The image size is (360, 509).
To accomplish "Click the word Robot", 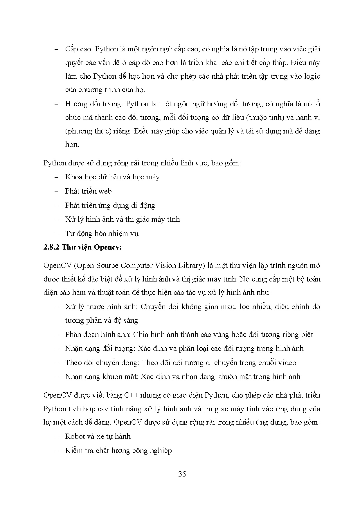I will (x=75, y=436).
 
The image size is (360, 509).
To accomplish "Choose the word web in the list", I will (x=105, y=191).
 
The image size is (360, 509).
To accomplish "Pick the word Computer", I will (x=136, y=266).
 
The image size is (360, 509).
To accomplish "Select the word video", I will (x=287, y=363).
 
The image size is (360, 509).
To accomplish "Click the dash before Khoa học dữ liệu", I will (x=56, y=177).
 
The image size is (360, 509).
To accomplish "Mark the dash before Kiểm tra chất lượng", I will (x=56, y=451).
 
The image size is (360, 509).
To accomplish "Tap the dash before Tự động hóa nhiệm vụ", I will (x=56, y=234).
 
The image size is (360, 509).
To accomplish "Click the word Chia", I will (x=140, y=335).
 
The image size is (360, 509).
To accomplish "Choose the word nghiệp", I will (x=161, y=451).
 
